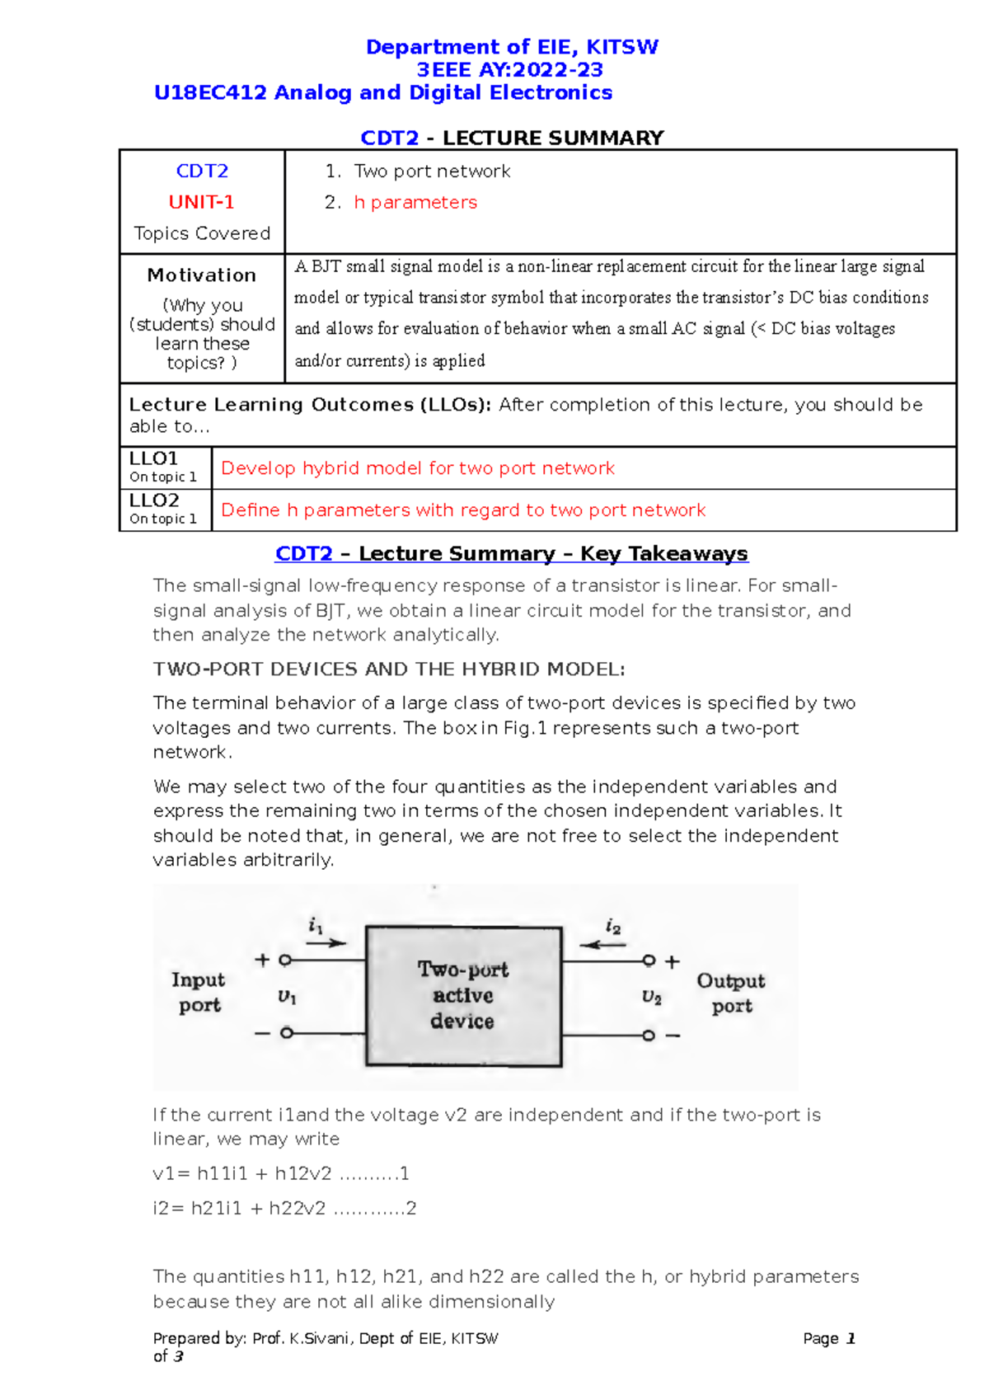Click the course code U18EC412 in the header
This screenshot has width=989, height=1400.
point(211,92)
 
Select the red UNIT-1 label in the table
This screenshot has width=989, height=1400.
point(202,202)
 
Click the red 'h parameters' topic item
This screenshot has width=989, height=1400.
point(415,202)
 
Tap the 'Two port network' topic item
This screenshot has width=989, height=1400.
point(432,171)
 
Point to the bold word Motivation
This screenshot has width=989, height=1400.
point(202,275)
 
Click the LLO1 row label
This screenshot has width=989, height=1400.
point(154,458)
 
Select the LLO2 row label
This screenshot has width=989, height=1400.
point(154,500)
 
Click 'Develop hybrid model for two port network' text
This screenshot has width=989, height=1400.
point(418,468)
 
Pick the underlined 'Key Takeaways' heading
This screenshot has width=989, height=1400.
point(663,553)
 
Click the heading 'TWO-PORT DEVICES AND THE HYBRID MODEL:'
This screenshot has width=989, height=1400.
point(389,669)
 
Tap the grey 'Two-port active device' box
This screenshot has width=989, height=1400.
point(463,995)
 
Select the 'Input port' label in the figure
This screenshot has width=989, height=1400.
point(199,992)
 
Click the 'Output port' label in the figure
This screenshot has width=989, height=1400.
point(731,993)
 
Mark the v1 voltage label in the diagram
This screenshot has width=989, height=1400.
point(287,997)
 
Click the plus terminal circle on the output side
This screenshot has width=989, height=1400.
point(649,961)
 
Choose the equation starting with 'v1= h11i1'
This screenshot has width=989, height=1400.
point(281,1173)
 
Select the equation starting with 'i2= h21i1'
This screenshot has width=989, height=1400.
point(284,1208)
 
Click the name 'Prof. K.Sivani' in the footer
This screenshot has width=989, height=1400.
point(303,1338)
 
